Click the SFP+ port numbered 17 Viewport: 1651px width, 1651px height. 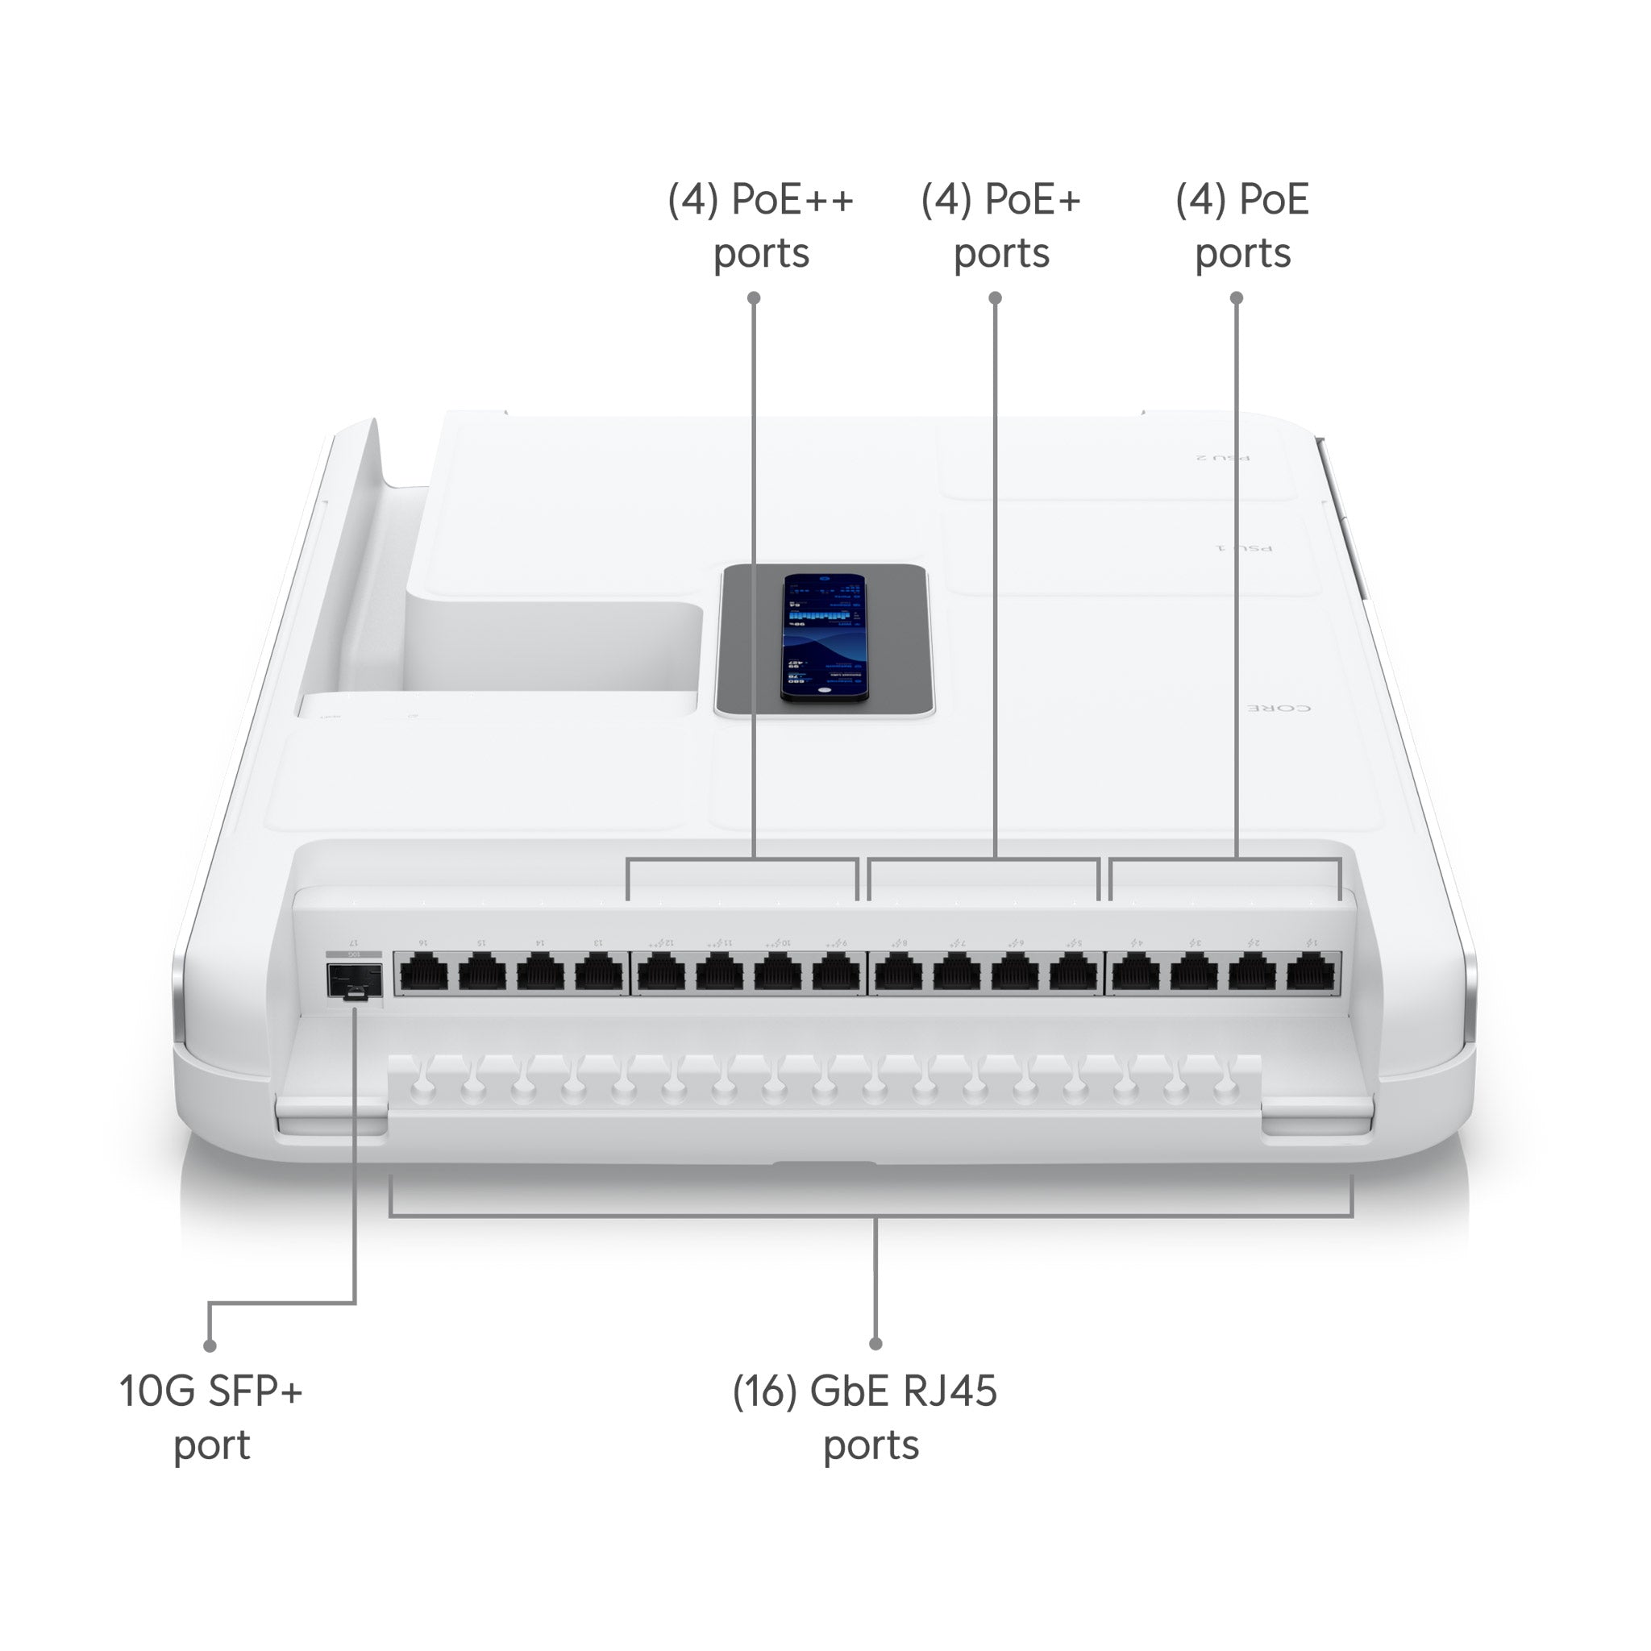353,980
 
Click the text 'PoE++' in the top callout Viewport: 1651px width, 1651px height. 792,200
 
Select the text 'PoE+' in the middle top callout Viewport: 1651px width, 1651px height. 1033,200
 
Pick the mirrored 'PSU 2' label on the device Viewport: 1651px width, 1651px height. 1222,458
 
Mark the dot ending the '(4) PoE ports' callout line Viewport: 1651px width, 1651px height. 1237,297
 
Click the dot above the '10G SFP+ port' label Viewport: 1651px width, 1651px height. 210,1346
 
